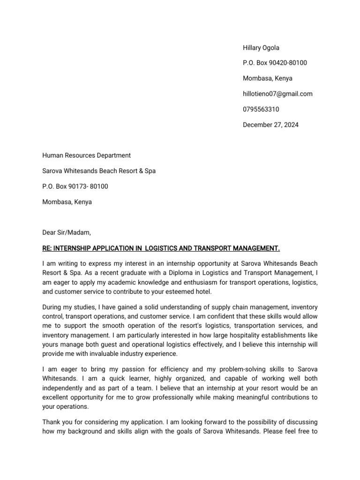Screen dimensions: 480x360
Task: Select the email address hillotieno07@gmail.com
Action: [277, 94]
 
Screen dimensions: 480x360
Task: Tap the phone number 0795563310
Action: [261, 109]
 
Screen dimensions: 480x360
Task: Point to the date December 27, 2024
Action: [270, 125]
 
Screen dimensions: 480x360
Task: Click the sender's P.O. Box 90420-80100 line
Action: [275, 63]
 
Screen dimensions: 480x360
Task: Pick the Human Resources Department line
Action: [86, 156]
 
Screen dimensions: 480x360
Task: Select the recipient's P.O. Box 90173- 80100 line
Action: [75, 187]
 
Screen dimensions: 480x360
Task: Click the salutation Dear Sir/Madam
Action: [67, 232]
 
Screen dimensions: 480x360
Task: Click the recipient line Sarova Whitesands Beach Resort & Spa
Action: [99, 171]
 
